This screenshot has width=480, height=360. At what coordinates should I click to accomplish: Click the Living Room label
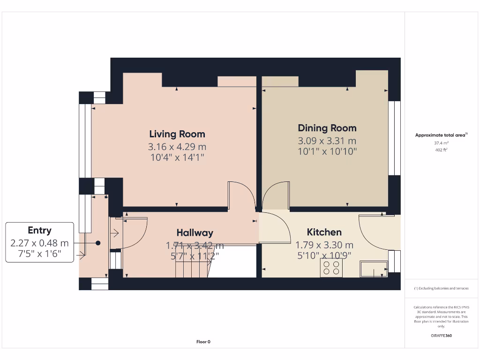[177, 134]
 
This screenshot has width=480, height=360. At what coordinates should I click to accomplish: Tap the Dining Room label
[327, 128]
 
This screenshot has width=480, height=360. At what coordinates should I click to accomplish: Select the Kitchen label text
[324, 232]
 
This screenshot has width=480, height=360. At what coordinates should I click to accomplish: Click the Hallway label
[195, 232]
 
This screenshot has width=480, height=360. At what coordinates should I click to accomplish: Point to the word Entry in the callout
[39, 230]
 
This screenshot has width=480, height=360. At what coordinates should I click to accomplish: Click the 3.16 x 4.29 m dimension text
[177, 147]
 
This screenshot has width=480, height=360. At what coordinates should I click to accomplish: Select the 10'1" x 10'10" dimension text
[327, 151]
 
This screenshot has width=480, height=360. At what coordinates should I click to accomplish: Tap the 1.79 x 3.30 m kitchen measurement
[324, 245]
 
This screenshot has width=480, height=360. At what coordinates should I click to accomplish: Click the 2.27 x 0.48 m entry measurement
[39, 243]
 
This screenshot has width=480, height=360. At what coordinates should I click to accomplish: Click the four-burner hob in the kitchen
[331, 268]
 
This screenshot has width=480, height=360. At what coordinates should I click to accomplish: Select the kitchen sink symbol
[374, 269]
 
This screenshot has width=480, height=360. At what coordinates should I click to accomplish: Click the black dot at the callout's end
[98, 243]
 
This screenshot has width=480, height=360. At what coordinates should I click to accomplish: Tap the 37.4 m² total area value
[441, 143]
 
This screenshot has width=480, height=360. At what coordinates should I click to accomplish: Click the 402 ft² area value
[441, 150]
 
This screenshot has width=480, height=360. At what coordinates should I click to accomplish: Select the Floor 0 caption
[203, 342]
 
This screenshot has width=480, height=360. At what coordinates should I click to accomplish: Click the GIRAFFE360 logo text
[441, 336]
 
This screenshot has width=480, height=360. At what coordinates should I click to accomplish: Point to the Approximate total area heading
[441, 135]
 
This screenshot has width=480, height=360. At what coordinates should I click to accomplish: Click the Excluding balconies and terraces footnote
[441, 288]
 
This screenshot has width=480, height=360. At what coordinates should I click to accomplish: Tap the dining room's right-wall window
[395, 138]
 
